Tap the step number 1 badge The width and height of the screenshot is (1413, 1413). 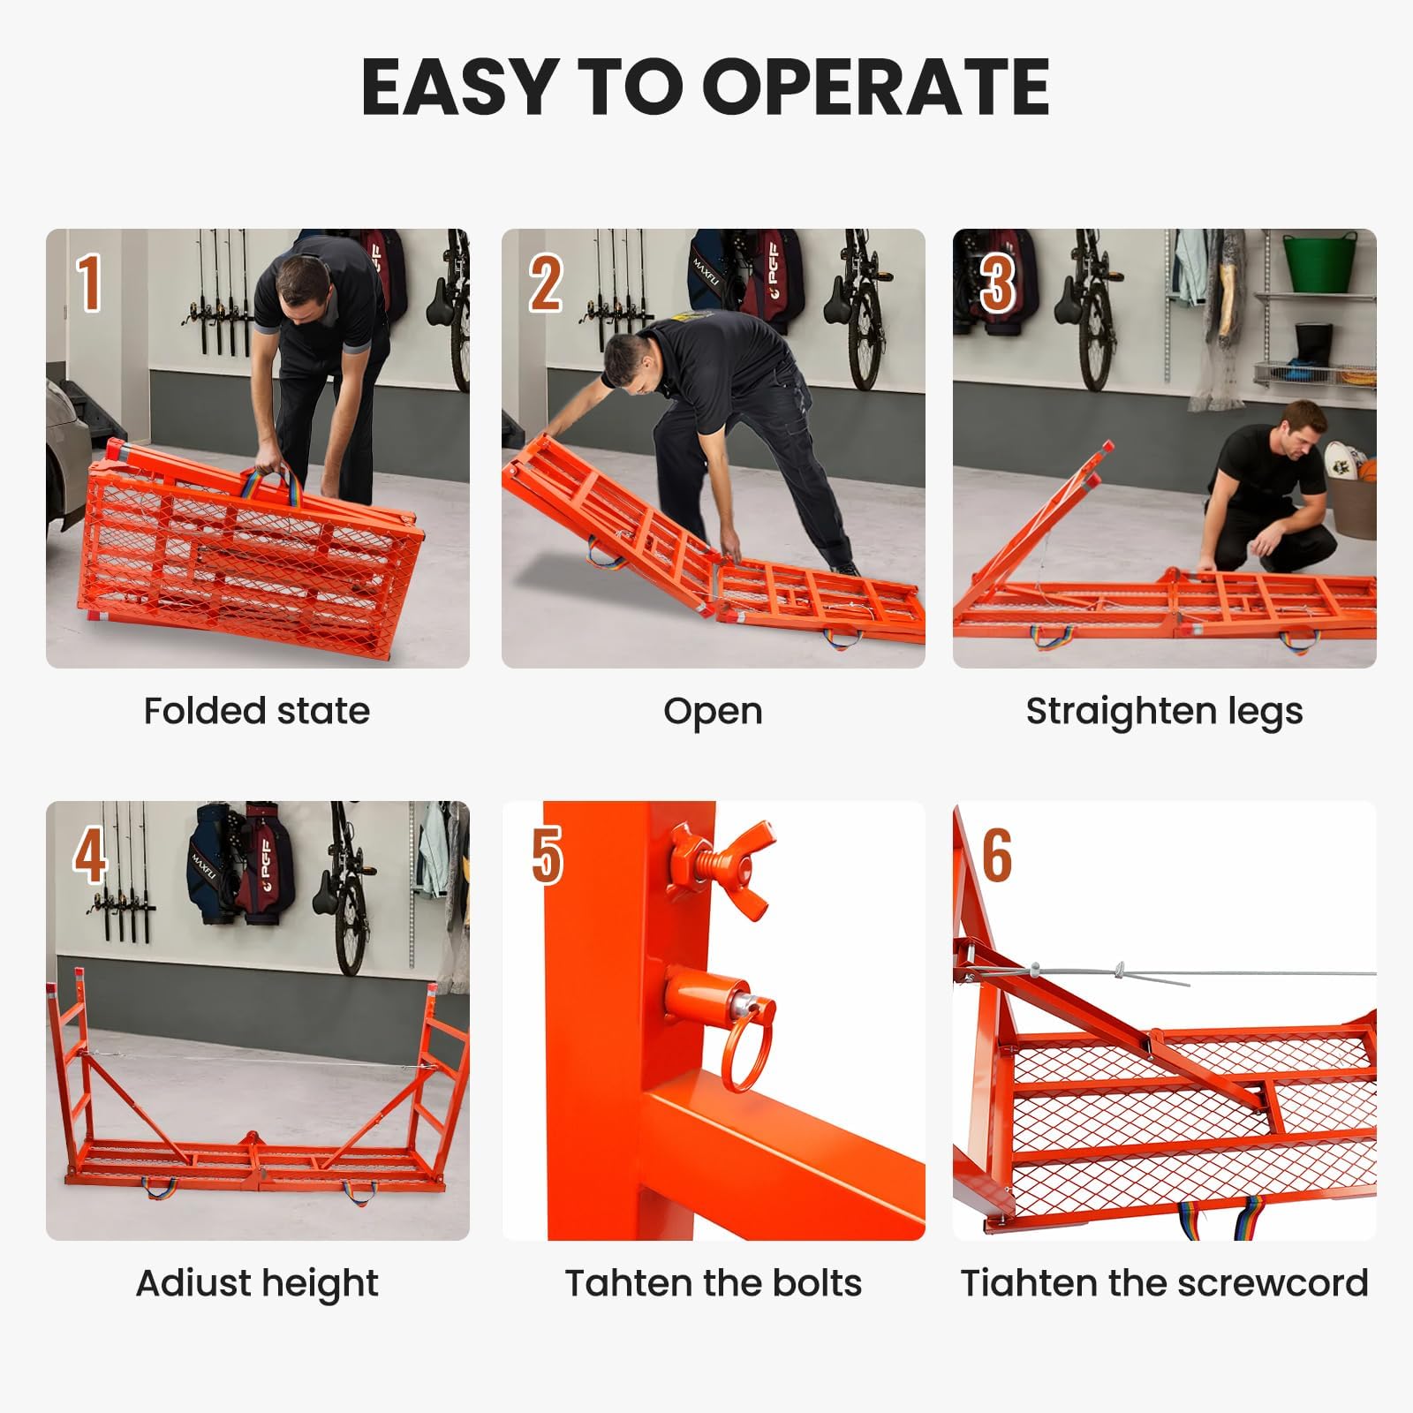(88, 283)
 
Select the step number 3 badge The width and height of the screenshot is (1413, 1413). (996, 283)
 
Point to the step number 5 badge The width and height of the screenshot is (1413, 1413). (546, 855)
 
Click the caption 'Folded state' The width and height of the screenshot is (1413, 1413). (256, 711)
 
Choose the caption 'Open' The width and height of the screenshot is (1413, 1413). (713, 712)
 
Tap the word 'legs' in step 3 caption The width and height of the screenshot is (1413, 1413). (1264, 712)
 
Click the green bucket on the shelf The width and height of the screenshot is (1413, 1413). (1319, 261)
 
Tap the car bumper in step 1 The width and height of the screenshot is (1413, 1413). (64, 459)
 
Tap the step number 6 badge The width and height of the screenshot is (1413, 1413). (996, 855)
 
